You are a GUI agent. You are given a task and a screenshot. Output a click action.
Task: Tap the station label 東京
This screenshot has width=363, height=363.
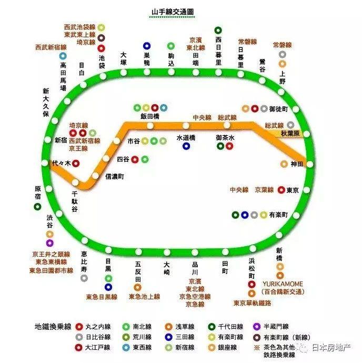pyautogui.click(x=293, y=190)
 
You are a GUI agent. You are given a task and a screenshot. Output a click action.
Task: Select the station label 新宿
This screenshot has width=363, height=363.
pyautogui.click(x=61, y=140)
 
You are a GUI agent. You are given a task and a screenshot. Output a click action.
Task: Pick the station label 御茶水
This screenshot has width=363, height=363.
pyautogui.click(x=225, y=137)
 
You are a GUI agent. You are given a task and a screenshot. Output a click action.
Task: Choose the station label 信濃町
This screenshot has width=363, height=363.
pyautogui.click(x=114, y=176)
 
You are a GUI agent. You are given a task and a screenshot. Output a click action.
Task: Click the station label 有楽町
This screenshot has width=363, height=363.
pyautogui.click(x=279, y=215)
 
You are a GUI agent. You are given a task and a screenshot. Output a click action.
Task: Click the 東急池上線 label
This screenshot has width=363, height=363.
pyautogui.click(x=144, y=297)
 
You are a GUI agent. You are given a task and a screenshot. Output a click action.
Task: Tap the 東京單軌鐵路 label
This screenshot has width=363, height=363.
pyautogui.click(x=252, y=303)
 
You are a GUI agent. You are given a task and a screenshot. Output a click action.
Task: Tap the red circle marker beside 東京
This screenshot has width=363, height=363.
pyautogui.click(x=281, y=190)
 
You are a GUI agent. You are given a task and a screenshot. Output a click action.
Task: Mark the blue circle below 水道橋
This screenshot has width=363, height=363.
pyautogui.click(x=186, y=146)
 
